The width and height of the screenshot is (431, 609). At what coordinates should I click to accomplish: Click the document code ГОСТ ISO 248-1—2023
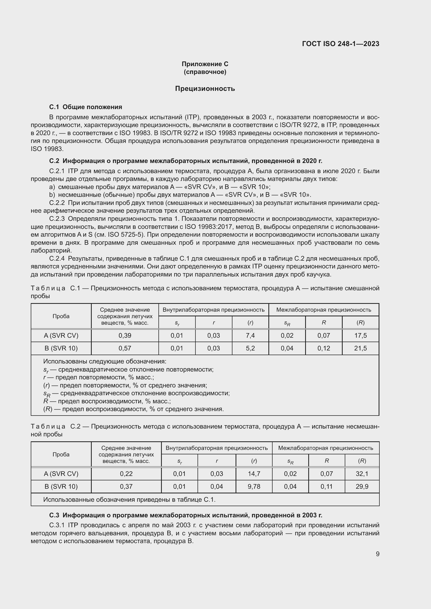coord(341,44)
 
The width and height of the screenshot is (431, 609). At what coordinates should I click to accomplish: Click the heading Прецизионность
coord(205,89)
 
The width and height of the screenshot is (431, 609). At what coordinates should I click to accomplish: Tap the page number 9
coord(377,554)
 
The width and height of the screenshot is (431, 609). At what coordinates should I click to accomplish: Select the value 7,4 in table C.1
coord(250,336)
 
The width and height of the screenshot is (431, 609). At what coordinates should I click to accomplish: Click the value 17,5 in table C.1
coord(360,336)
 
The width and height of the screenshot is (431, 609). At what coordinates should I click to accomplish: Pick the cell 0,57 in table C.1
coord(125,348)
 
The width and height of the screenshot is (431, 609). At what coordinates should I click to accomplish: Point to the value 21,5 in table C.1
coord(360,348)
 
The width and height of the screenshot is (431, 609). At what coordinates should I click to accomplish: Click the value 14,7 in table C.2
coord(254,474)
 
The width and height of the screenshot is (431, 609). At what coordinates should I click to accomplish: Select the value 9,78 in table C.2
coord(254,486)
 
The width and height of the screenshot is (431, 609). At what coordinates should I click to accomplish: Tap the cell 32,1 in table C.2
coord(362,474)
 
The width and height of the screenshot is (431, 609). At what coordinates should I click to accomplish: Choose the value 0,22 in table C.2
coord(126,474)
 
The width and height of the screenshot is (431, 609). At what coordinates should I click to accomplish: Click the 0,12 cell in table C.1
coord(324,348)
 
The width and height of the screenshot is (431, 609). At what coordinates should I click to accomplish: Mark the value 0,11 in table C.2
coord(327,486)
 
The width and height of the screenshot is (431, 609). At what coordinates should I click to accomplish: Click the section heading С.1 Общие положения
coord(85,107)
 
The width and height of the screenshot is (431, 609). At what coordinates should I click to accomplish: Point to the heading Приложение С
coord(205,64)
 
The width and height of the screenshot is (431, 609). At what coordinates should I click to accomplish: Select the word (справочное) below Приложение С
coord(205,72)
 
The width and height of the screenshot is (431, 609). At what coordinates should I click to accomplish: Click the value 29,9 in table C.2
coord(362,486)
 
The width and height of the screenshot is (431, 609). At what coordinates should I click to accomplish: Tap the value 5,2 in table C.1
coord(250,348)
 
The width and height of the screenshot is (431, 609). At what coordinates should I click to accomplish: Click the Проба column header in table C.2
coord(61,454)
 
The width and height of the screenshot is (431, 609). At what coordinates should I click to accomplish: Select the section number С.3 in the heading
coord(54,515)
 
